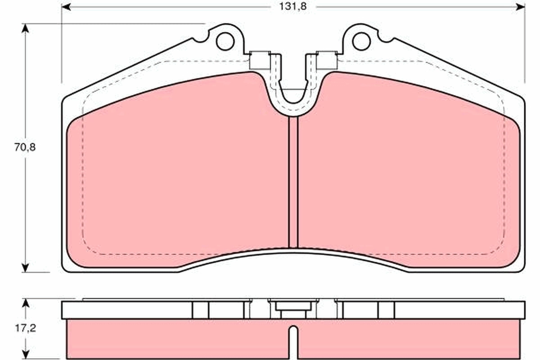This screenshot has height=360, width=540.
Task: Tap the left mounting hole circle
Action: (x=225, y=41)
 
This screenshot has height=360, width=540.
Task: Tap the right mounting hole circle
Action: (x=361, y=41)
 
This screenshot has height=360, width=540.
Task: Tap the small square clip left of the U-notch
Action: (x=260, y=61)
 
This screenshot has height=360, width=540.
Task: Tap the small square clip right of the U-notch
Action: (x=327, y=61)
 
